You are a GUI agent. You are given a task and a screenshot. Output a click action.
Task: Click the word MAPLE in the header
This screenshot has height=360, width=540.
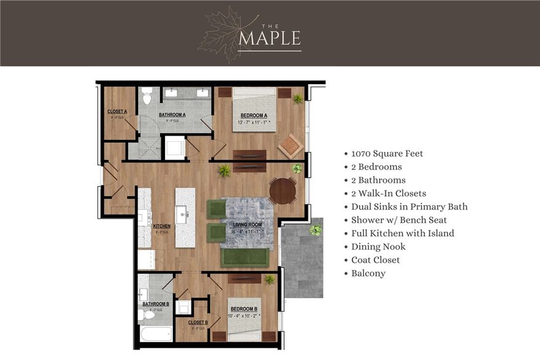(x=270, y=37)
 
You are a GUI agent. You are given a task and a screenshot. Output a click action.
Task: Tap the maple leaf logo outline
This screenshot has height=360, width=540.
(x=222, y=35)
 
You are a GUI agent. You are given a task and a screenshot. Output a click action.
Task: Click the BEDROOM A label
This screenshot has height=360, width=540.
(x=253, y=115)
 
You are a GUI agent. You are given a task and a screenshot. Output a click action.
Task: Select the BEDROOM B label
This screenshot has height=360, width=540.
(x=244, y=308)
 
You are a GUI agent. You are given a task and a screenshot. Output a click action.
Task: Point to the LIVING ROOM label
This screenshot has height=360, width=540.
(x=247, y=224)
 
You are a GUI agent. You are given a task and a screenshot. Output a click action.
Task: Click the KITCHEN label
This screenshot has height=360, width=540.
(x=163, y=226)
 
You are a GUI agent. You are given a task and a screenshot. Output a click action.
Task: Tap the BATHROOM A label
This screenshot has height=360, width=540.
(x=172, y=115)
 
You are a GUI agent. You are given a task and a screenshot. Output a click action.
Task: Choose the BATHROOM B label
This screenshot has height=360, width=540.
(x=156, y=304)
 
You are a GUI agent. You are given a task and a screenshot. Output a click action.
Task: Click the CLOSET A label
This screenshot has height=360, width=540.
(x=117, y=112)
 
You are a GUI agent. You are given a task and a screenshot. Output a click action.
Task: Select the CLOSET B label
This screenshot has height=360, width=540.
(x=198, y=322)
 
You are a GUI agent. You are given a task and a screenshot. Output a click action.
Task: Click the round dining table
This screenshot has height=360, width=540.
(x=283, y=191)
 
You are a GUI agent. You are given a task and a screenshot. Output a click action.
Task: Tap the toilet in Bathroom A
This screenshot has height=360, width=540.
(x=147, y=96)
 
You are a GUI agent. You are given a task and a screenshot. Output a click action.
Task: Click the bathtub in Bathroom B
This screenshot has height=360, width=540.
(x=156, y=334)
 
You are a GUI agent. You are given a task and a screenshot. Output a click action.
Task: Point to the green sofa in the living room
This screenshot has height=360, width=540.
(x=244, y=258)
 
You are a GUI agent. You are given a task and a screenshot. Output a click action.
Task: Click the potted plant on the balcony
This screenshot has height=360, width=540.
(x=315, y=230)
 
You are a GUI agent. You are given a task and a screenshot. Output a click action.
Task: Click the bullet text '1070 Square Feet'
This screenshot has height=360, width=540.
(x=387, y=153)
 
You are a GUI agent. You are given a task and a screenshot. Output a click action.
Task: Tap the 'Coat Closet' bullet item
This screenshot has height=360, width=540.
(x=375, y=260)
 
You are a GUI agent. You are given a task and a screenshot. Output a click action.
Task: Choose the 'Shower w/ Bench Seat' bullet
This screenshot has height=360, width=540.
(x=399, y=220)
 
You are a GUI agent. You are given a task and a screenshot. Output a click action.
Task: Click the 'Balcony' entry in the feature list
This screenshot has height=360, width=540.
(x=368, y=274)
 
